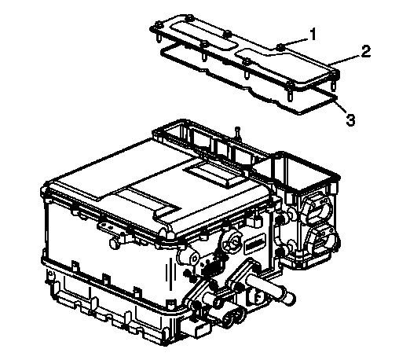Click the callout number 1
click(x=313, y=34)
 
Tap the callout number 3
click(x=350, y=119)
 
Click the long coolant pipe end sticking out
click(x=289, y=298)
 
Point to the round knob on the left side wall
click(x=115, y=243)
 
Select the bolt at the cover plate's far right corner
click(x=335, y=75)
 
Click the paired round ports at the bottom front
click(x=233, y=318)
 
